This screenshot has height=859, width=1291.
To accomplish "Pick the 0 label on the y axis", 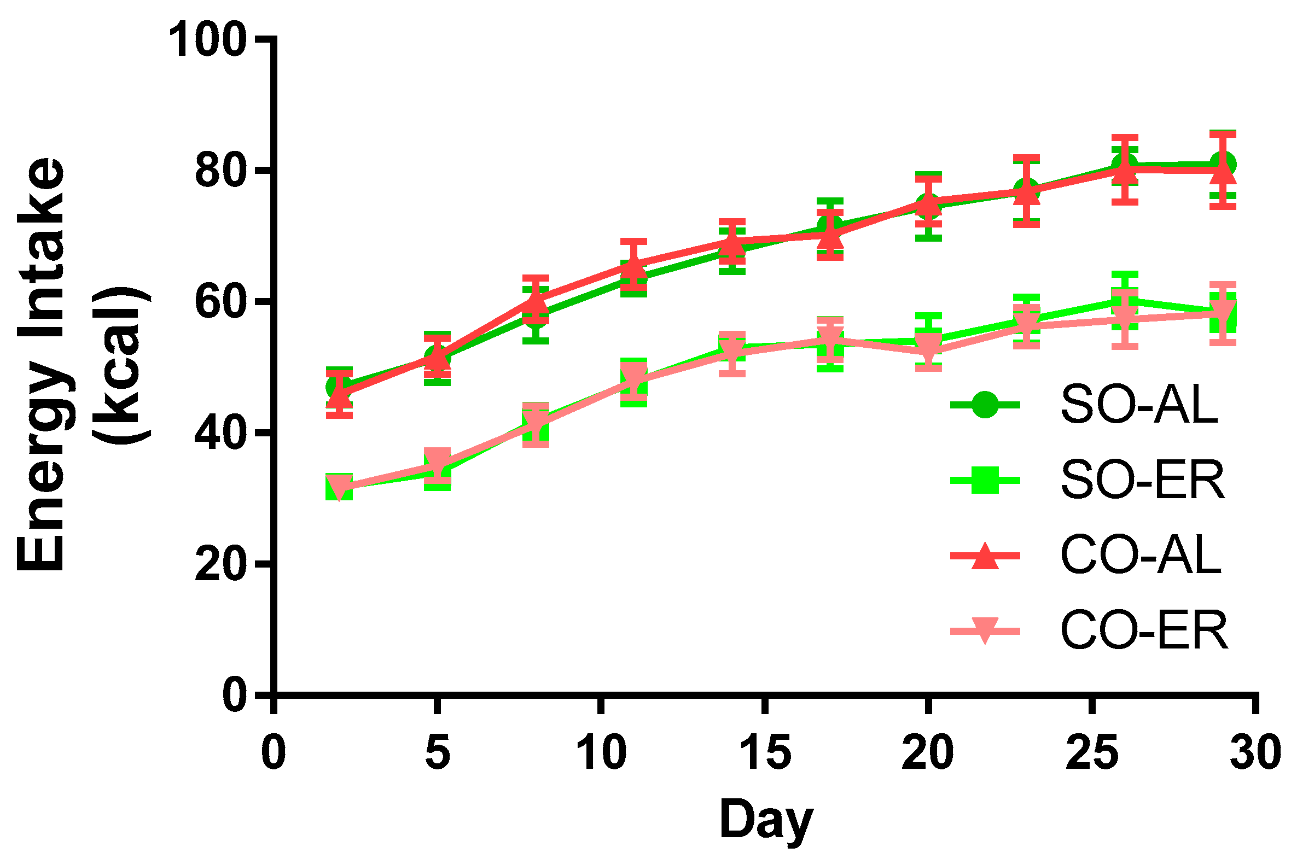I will point(235,696).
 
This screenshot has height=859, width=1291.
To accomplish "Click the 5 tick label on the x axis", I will point(437,753).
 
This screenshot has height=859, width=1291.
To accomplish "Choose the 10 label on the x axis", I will point(601,753).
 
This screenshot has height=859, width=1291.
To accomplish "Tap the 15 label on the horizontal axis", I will point(765,753).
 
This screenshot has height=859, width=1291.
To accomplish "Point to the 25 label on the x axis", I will point(1092,753).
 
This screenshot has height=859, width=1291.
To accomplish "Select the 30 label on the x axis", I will point(1255,753).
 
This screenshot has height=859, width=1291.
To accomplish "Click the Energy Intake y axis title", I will point(41,364).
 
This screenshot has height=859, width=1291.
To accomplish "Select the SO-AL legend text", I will point(1139,405).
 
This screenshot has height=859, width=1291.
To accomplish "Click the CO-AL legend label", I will point(1141,556).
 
